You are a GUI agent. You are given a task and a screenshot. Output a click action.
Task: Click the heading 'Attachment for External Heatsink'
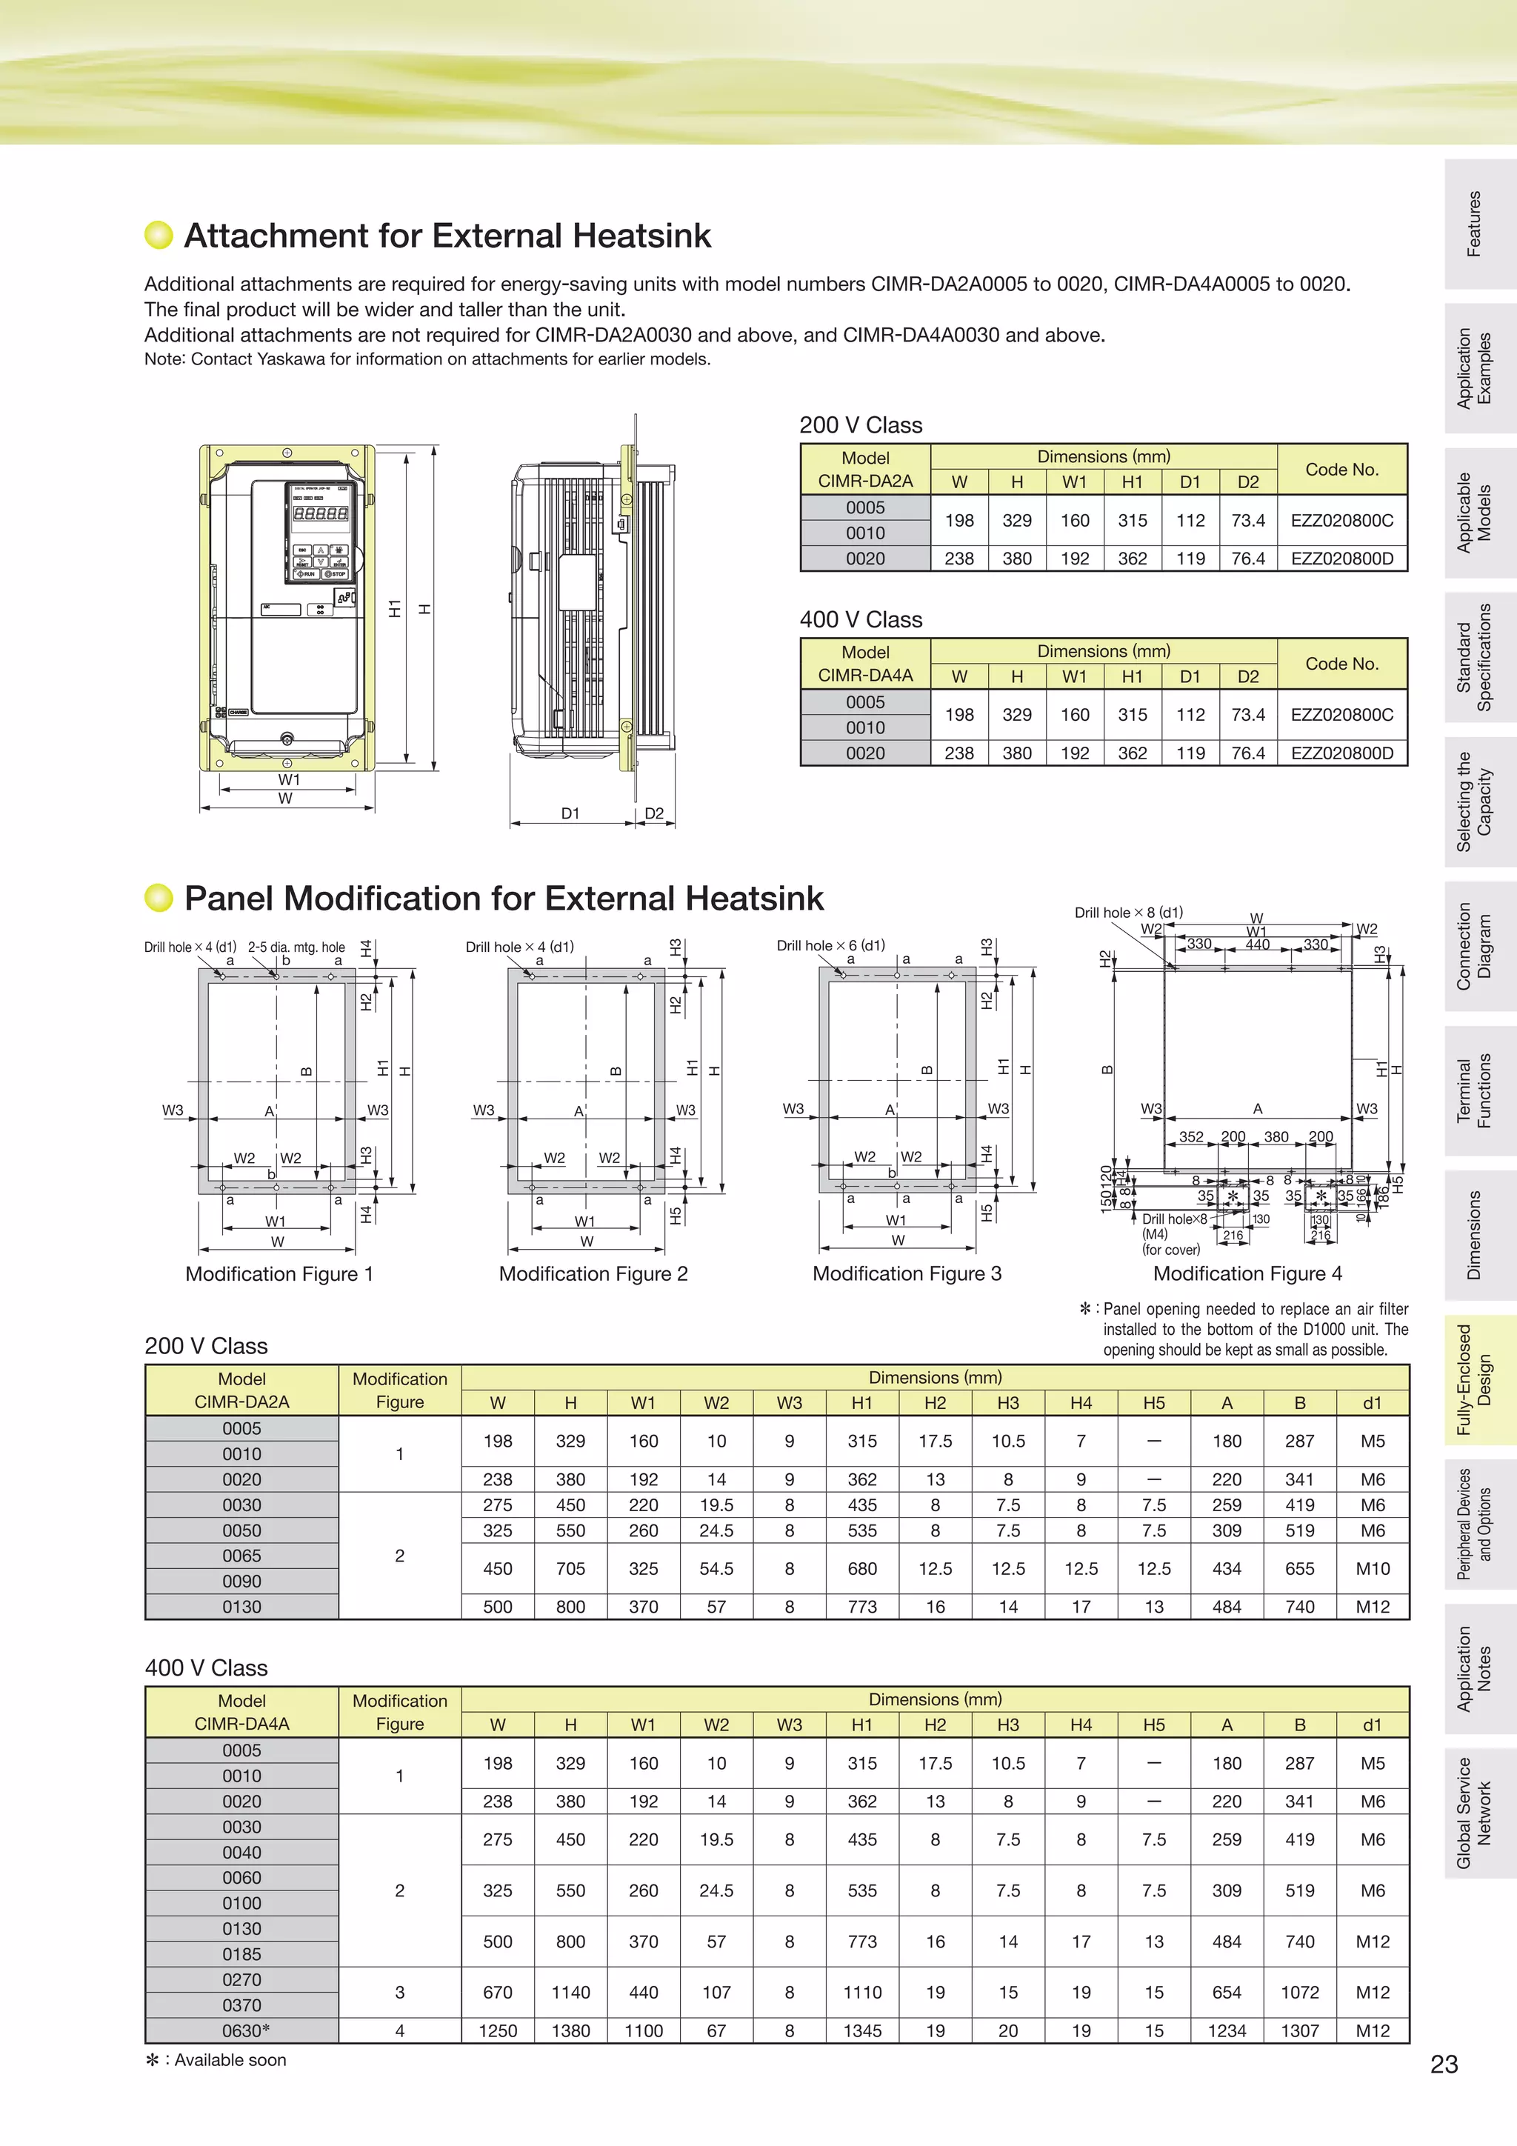(447, 236)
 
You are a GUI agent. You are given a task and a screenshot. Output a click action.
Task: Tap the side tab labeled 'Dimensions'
(1475, 1235)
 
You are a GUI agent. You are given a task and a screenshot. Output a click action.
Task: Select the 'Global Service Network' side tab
(1475, 1813)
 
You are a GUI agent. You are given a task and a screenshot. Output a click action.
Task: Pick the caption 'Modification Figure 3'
(907, 1273)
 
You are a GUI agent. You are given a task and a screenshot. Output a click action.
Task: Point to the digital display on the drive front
(321, 513)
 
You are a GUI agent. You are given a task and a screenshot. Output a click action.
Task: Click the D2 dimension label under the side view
(654, 813)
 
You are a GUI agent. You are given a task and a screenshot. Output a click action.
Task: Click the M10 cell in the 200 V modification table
(1371, 1568)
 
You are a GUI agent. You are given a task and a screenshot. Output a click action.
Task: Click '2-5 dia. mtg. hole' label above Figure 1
(296, 947)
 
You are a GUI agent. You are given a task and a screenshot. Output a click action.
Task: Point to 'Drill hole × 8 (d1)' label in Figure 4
(1128, 912)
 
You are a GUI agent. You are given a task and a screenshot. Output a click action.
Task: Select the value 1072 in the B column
(1299, 1992)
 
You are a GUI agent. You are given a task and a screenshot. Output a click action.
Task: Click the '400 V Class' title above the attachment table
(860, 620)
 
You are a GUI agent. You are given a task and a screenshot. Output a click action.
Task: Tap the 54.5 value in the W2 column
(716, 1568)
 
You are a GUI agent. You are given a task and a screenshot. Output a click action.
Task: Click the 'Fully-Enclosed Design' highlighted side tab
(1475, 1379)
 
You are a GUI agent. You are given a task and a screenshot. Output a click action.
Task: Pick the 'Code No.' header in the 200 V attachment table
(1341, 469)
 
